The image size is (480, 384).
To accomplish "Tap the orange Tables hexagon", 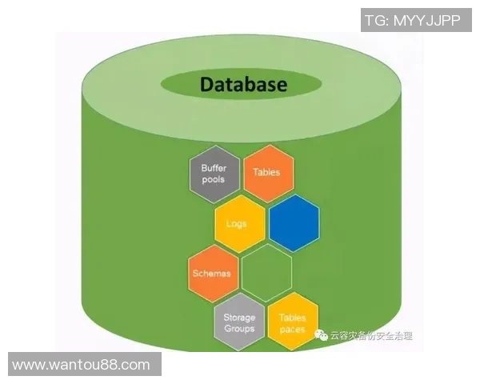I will coord(267,172).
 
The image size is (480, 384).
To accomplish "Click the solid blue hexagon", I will coord(294,222).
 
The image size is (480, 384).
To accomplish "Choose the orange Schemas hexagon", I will coord(212,273).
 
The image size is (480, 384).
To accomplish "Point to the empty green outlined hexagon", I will coord(266,273).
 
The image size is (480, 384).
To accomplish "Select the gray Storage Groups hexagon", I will coord(239,323).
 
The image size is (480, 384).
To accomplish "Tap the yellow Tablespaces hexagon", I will coord(292,323).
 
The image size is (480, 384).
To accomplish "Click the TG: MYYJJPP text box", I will coord(411,20).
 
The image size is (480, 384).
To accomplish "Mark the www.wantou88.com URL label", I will coord(82,365).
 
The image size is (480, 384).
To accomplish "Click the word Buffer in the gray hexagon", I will coord(214,169).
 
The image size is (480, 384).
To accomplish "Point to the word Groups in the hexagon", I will coord(239,329).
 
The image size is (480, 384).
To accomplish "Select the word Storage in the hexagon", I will coord(239,318).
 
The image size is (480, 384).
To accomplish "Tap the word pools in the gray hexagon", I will coord(214,180).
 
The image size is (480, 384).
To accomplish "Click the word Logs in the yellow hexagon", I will coord(238,226).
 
